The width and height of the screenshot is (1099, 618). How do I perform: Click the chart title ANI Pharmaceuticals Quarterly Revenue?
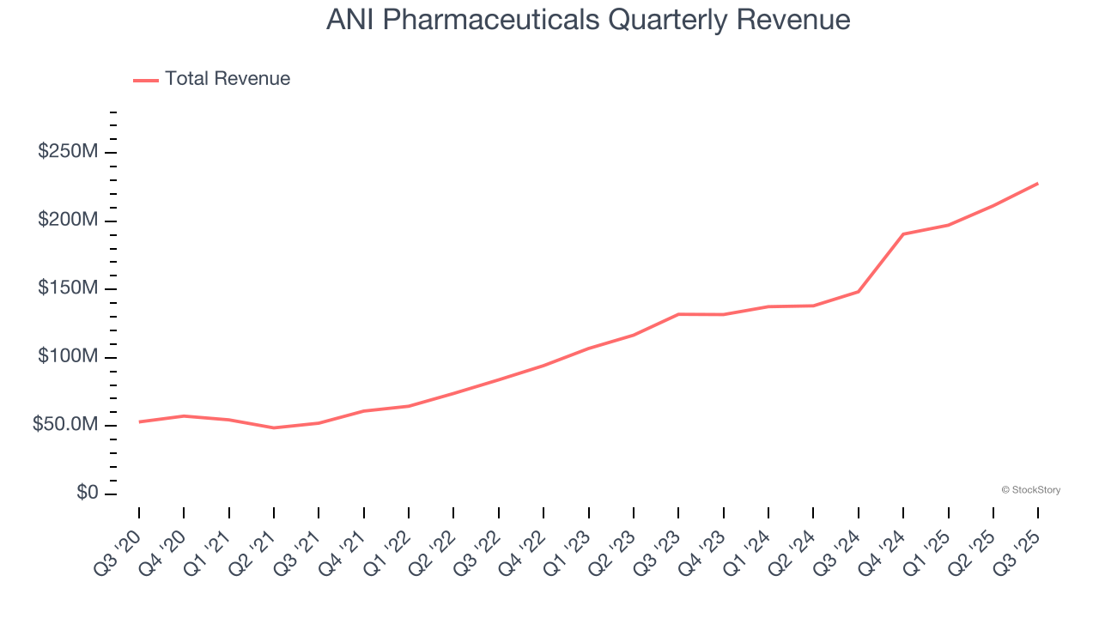point(588,20)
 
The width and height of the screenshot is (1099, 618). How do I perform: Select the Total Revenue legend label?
point(228,79)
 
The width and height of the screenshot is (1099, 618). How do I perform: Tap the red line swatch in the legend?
point(146,80)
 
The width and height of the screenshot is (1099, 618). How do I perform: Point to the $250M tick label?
point(67,152)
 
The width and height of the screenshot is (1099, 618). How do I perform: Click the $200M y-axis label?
point(67,221)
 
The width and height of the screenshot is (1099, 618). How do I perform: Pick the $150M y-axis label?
point(67,288)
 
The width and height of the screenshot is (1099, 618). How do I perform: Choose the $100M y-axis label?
point(67,357)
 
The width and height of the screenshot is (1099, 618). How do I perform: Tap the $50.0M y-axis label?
point(64,425)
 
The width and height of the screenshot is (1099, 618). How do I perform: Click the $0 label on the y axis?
point(86,493)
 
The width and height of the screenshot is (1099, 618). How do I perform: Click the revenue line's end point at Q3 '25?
point(1038,183)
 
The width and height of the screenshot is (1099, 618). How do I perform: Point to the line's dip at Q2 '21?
point(274,427)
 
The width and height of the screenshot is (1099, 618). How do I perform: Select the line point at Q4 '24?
point(903,233)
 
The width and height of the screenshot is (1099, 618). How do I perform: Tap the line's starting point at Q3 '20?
point(139,421)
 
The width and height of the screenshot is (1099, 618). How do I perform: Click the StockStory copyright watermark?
point(1030,490)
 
